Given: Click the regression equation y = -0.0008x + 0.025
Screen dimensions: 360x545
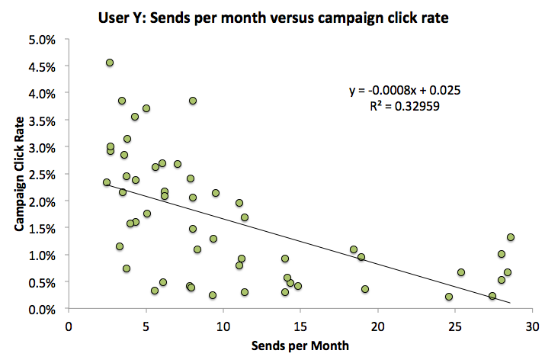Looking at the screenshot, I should pyautogui.click(x=404, y=91).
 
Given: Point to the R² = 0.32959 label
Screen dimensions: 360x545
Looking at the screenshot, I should pyautogui.click(x=404, y=107).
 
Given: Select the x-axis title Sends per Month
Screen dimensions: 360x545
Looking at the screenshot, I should pyautogui.click(x=300, y=346).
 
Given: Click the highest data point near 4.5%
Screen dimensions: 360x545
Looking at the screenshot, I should pyautogui.click(x=110, y=63).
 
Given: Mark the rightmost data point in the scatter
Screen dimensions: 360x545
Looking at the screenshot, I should pyautogui.click(x=511, y=237).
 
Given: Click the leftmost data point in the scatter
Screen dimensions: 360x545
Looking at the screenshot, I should pyautogui.click(x=107, y=182).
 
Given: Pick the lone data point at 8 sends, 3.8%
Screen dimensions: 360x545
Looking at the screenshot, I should pyautogui.click(x=193, y=101).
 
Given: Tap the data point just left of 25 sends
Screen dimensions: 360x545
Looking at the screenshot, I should pyautogui.click(x=449, y=297).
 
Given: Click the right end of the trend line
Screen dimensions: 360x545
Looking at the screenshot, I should pyautogui.click(x=510, y=303).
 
